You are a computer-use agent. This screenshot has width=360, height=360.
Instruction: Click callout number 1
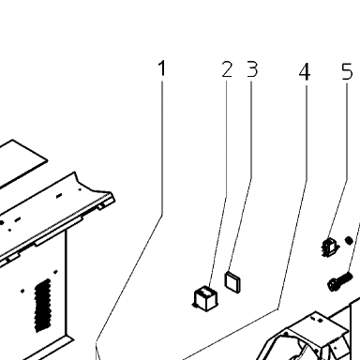pos(161,68)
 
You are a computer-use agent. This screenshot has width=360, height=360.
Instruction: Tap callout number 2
pos(227,69)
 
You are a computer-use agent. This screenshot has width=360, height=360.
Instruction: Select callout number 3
pos(252,69)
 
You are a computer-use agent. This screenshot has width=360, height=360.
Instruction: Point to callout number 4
pos(305,72)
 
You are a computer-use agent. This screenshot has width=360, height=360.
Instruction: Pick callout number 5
pos(347,71)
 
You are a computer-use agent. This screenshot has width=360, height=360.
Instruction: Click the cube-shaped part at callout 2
pos(205,299)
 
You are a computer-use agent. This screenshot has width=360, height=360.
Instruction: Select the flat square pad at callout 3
pos(233,282)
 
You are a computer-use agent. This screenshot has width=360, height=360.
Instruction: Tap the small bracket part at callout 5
pos(329,247)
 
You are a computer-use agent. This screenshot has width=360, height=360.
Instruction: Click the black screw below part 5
pos(339,281)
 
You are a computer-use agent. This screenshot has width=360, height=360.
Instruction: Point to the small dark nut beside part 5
pos(349,240)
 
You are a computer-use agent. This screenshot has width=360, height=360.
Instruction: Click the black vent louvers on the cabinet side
pos(42,306)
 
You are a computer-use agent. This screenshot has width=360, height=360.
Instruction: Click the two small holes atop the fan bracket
pos(316,320)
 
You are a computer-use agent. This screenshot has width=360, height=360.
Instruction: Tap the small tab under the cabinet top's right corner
pos(102,206)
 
